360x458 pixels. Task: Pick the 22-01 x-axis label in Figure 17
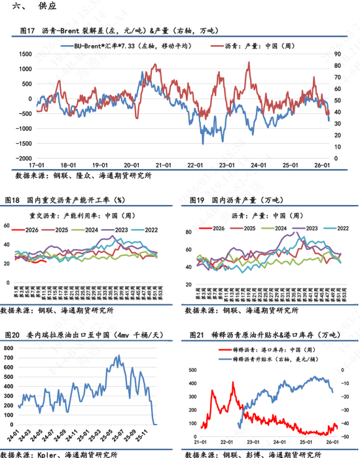194,166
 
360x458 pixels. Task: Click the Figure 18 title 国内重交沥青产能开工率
69,199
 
